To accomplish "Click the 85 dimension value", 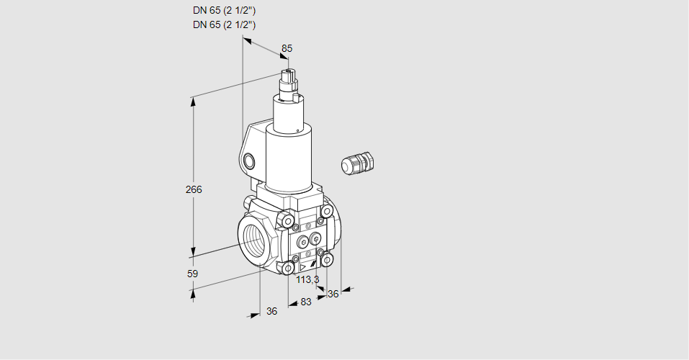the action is pos(287,48).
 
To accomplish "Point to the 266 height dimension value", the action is pos(194,189).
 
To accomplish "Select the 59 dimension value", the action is pos(192,274).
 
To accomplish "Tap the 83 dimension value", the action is pos(306,302).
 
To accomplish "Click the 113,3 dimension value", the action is pos(307,279).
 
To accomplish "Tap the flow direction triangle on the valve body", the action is pos(302,266).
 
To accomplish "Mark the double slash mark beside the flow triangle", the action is pos(312,264).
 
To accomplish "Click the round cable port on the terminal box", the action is pos(248,161).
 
